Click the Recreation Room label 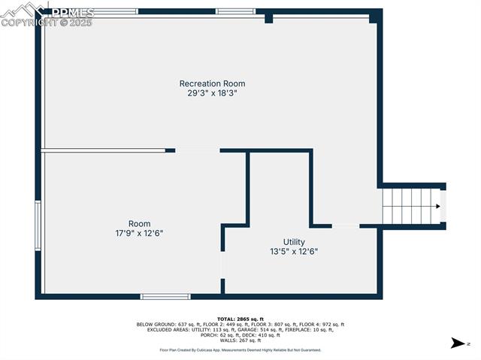click(x=212, y=83)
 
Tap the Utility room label click(x=294, y=242)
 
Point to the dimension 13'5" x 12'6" click(x=294, y=252)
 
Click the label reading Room click(x=139, y=224)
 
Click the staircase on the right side click(x=411, y=206)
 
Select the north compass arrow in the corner click(x=457, y=343)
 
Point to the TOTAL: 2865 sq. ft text click(x=240, y=319)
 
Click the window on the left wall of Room click(x=38, y=225)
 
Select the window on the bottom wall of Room click(x=165, y=296)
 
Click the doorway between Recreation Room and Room click(x=198, y=150)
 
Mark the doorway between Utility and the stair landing click(x=346, y=225)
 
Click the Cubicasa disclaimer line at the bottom click(x=240, y=349)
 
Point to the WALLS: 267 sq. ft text click(x=240, y=340)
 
